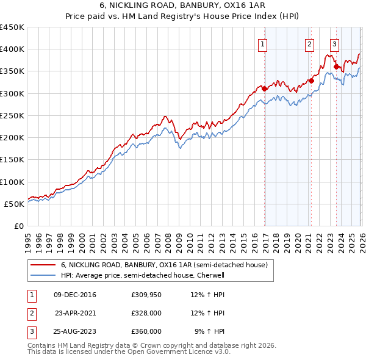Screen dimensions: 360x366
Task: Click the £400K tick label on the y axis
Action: coord(12,49)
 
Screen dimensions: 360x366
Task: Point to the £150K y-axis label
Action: coord(12,160)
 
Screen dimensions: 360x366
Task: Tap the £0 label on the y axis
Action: coord(18,226)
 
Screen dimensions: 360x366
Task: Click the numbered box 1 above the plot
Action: coord(262,43)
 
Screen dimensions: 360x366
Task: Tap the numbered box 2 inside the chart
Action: coord(309,43)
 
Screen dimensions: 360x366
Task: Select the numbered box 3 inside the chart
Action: coord(335,43)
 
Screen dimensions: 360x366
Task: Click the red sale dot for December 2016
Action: coord(265,88)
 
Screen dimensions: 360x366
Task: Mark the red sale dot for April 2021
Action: coord(311,80)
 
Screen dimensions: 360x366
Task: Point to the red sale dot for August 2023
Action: coord(336,67)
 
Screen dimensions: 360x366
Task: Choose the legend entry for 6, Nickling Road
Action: coord(163,265)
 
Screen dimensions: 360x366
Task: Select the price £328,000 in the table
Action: coord(146,313)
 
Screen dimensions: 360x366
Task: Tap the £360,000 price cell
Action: coord(146,331)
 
